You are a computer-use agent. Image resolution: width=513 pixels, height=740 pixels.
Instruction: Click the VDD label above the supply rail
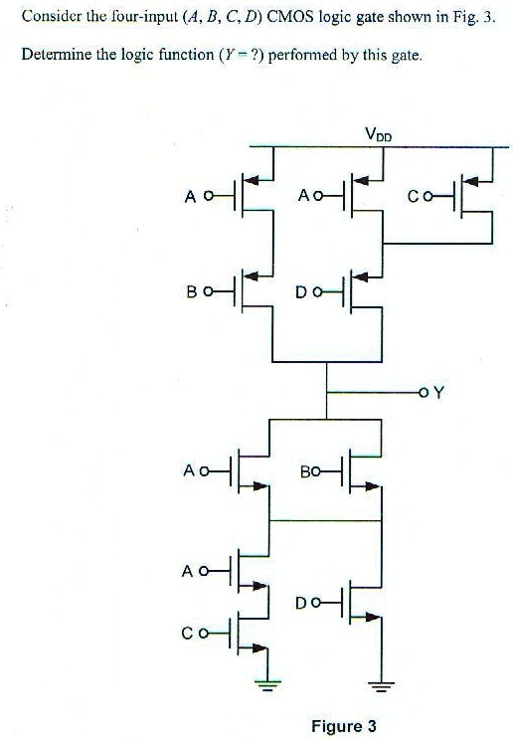(x=378, y=134)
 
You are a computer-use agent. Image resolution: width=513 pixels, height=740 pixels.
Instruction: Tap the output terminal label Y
(x=438, y=392)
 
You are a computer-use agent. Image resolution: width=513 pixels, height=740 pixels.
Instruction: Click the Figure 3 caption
(x=344, y=725)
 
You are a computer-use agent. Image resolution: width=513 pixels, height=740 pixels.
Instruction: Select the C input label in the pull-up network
(x=413, y=196)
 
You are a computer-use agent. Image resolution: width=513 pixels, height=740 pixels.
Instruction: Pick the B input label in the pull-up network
(x=192, y=292)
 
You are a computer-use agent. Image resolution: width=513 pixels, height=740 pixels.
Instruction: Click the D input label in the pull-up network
(x=301, y=292)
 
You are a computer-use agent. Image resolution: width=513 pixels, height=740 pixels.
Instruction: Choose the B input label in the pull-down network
(x=305, y=471)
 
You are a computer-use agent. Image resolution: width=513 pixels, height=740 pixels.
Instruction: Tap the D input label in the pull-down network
(x=301, y=603)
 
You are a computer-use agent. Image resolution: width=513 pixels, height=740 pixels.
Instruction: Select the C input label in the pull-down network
(x=187, y=634)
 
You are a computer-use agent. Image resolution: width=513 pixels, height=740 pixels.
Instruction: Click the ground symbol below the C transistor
(x=267, y=683)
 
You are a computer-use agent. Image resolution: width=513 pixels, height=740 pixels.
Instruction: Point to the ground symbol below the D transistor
(x=381, y=684)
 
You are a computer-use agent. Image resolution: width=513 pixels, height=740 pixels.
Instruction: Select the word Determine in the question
(x=57, y=55)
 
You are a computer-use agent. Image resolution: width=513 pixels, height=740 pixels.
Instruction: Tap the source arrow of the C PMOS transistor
(x=471, y=181)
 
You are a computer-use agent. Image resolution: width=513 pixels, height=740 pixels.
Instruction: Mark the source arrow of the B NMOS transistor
(x=372, y=486)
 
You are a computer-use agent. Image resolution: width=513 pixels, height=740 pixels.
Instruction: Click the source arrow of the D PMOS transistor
(x=361, y=277)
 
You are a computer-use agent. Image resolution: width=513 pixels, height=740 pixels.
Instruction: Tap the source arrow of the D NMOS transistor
(x=373, y=617)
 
